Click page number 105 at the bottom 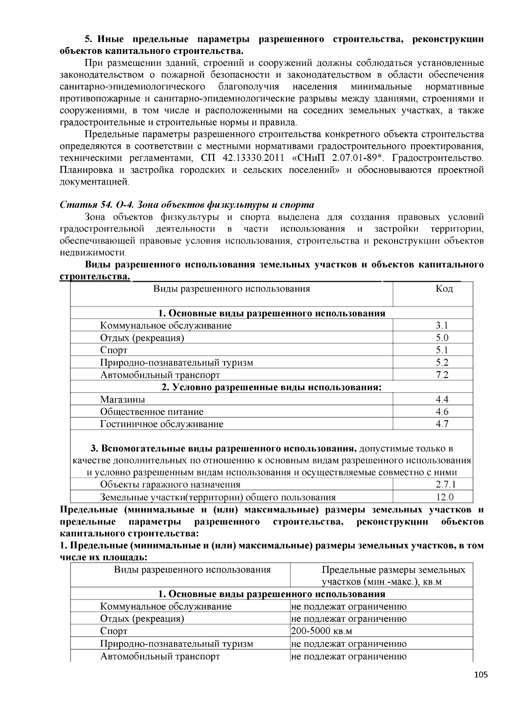[481, 675]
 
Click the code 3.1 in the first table [442, 325]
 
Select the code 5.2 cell [442, 363]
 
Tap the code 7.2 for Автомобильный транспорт [442, 375]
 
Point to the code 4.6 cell [442, 412]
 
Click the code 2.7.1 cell [445, 484]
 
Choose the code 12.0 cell [445, 497]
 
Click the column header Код [444, 289]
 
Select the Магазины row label [122, 399]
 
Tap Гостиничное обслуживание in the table [162, 424]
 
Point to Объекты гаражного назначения [170, 484]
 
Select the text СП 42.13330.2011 [242, 158]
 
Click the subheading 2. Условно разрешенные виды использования [271, 387]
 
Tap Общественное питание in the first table [151, 412]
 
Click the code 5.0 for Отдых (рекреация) [442, 338]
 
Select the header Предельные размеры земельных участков [393, 575]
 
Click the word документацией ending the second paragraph [94, 182]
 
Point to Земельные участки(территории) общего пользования [218, 497]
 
